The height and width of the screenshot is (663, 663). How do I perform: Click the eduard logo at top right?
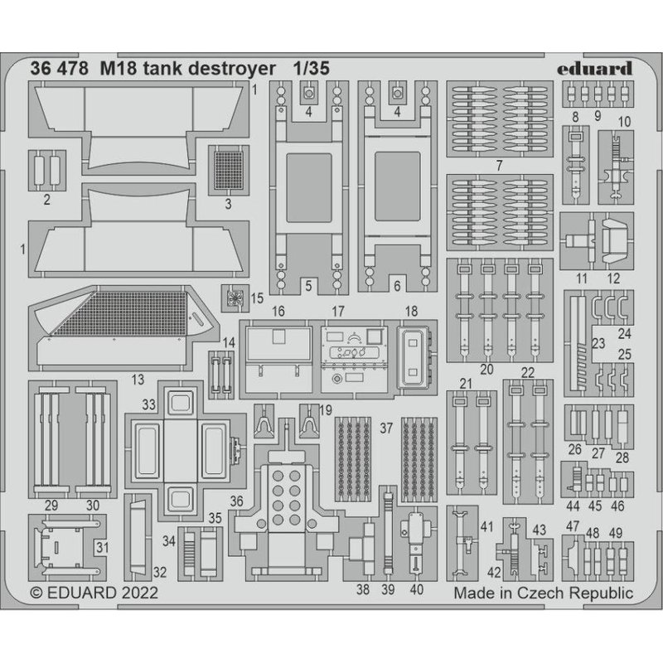click(x=596, y=69)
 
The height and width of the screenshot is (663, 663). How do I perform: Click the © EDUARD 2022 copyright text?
click(x=94, y=593)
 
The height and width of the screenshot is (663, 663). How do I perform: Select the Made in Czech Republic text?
click(x=543, y=593)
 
